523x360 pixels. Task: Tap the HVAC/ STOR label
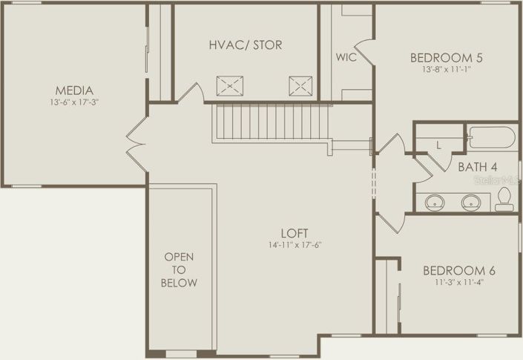tap(245, 45)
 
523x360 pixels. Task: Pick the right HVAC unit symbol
tap(300, 85)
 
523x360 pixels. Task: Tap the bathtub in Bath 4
tap(490, 139)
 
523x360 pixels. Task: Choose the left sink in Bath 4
tap(435, 201)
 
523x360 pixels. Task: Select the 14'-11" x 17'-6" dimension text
tap(295, 244)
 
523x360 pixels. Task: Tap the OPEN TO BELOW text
tap(180, 269)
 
